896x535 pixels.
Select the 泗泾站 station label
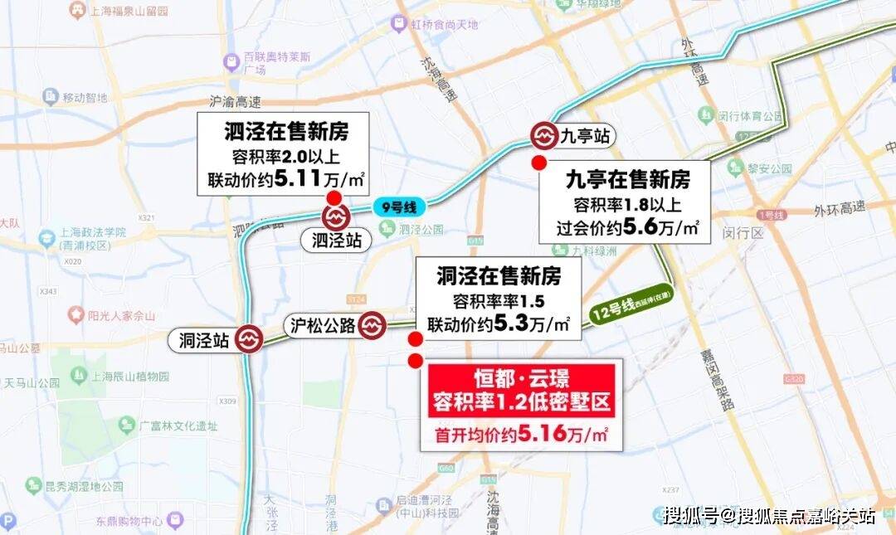(335, 241)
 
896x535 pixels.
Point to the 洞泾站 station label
(204, 340)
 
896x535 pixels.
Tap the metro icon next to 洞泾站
(248, 339)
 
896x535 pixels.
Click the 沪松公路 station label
(323, 325)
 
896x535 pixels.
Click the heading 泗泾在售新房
(285, 131)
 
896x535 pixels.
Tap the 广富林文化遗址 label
(178, 426)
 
